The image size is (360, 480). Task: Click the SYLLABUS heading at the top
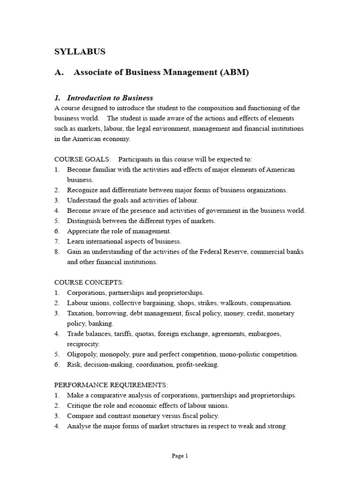point(80,52)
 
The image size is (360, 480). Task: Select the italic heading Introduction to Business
point(110,98)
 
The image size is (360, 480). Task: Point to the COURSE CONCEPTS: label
point(89,282)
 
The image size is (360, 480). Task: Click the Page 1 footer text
point(180,456)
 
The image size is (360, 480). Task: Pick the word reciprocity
point(83,344)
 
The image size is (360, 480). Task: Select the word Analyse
point(79,426)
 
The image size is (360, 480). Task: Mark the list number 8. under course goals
point(57,252)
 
